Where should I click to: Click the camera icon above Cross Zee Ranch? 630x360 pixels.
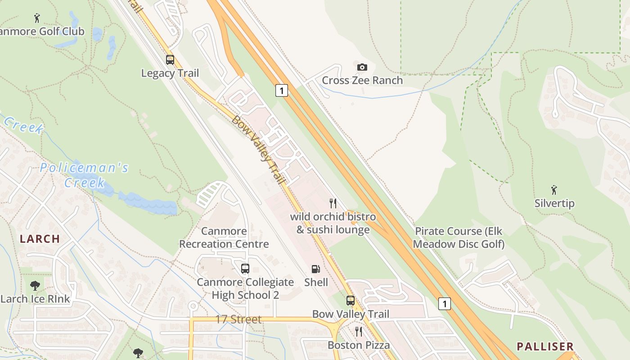[362, 67]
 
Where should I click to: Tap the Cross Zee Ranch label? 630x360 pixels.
[362, 81]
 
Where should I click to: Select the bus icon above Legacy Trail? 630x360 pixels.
[170, 60]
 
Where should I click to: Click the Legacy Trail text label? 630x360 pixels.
[170, 73]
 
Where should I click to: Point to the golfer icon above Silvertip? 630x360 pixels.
[554, 190]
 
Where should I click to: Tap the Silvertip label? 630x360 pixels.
[554, 203]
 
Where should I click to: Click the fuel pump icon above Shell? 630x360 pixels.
[316, 269]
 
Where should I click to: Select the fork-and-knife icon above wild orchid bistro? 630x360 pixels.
[333, 203]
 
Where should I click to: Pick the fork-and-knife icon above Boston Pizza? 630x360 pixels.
[359, 332]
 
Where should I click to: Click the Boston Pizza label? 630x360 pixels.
[359, 345]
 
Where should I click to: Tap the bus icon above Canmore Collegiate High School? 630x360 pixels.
[245, 269]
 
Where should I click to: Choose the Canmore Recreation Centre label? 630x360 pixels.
[224, 238]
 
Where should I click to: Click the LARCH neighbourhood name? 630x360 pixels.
[40, 239]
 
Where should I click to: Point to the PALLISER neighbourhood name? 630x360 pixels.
[545, 346]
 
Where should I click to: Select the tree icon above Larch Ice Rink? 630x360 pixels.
[35, 285]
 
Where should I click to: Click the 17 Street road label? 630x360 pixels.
[238, 319]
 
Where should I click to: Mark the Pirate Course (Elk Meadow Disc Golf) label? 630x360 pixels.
[459, 238]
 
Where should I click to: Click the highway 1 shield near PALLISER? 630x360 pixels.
[444, 304]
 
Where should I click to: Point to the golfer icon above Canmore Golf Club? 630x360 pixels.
[37, 18]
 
